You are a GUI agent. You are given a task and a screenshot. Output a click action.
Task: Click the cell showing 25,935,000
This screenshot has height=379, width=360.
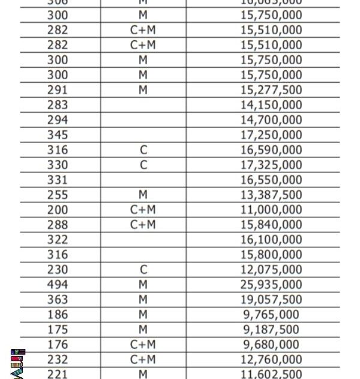(x=271, y=285)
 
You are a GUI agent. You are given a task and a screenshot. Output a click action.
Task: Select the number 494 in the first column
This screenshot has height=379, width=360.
(x=58, y=285)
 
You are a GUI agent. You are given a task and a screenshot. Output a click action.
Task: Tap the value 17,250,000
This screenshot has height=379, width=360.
(x=271, y=135)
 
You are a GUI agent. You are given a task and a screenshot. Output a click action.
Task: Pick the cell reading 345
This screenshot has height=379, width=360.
(x=58, y=135)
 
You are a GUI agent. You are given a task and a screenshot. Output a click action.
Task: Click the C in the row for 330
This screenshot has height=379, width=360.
(x=143, y=165)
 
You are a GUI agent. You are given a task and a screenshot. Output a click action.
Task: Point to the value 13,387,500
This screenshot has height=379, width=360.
(x=271, y=195)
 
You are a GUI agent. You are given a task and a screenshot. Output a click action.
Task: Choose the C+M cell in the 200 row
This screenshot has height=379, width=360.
(x=143, y=210)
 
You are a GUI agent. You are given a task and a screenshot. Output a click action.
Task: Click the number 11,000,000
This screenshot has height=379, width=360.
(x=271, y=210)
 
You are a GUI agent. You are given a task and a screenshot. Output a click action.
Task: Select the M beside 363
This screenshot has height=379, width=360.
(x=143, y=300)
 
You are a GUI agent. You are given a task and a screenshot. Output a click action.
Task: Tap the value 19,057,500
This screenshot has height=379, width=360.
(x=271, y=300)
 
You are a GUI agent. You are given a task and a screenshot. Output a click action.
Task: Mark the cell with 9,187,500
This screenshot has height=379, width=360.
(x=271, y=330)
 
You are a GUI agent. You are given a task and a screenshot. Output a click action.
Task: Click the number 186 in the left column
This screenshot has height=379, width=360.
(x=58, y=315)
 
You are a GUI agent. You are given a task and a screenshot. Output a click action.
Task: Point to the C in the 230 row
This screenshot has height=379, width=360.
(x=143, y=270)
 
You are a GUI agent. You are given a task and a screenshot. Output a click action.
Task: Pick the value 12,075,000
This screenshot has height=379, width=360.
(x=271, y=270)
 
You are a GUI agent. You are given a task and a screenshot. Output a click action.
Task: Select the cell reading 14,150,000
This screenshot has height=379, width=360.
(x=271, y=105)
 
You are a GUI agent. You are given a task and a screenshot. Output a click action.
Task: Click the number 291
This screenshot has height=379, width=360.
(x=58, y=90)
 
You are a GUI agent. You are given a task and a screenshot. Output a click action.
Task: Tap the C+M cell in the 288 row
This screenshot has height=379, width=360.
(x=143, y=225)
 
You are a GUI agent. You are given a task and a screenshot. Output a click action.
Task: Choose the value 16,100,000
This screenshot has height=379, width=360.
(x=271, y=240)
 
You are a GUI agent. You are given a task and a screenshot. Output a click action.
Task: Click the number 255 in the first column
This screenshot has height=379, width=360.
(x=58, y=195)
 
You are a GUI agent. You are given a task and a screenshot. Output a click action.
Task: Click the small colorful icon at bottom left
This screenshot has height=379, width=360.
(x=17, y=363)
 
